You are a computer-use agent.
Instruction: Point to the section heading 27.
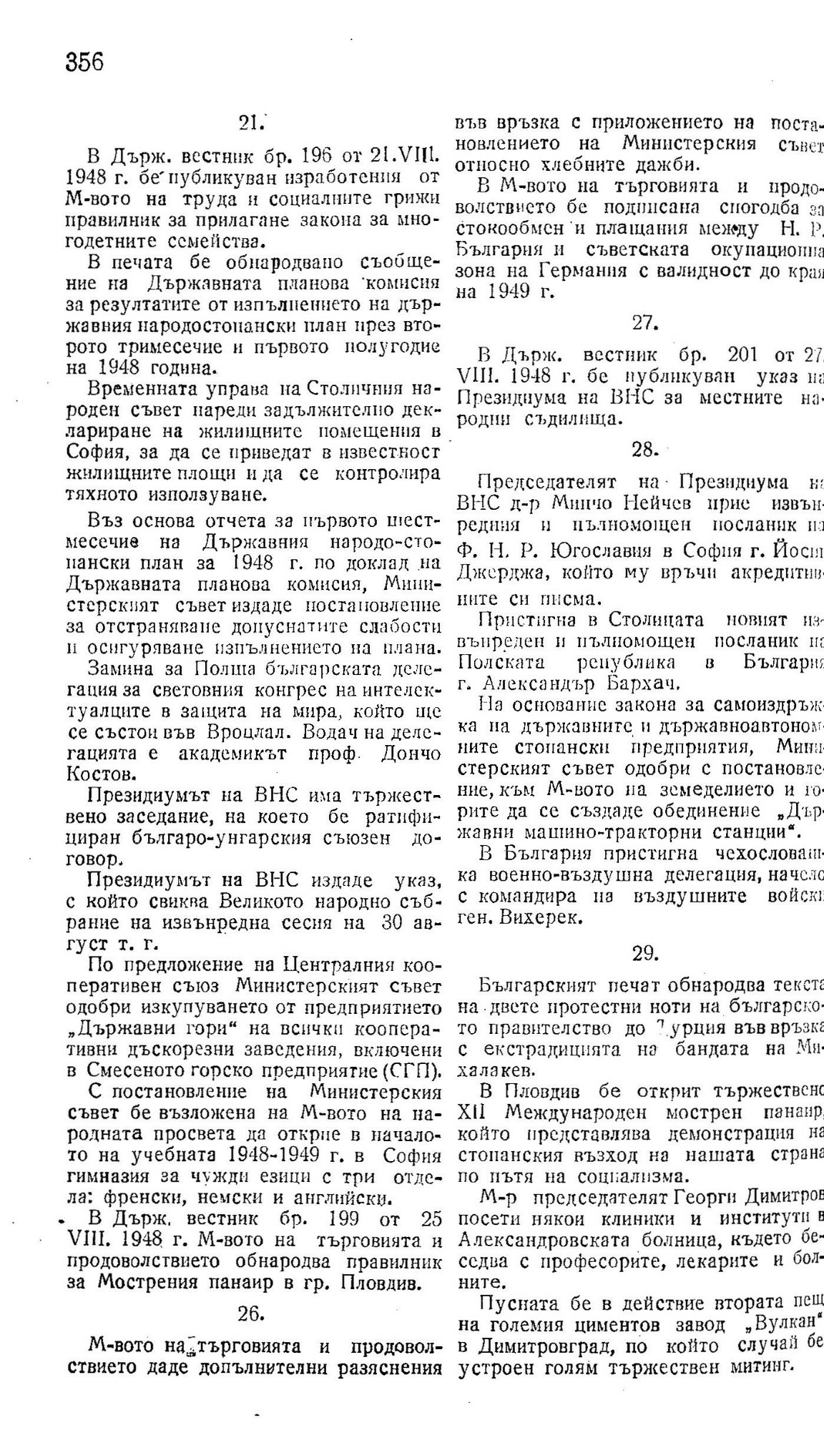coord(644,322)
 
